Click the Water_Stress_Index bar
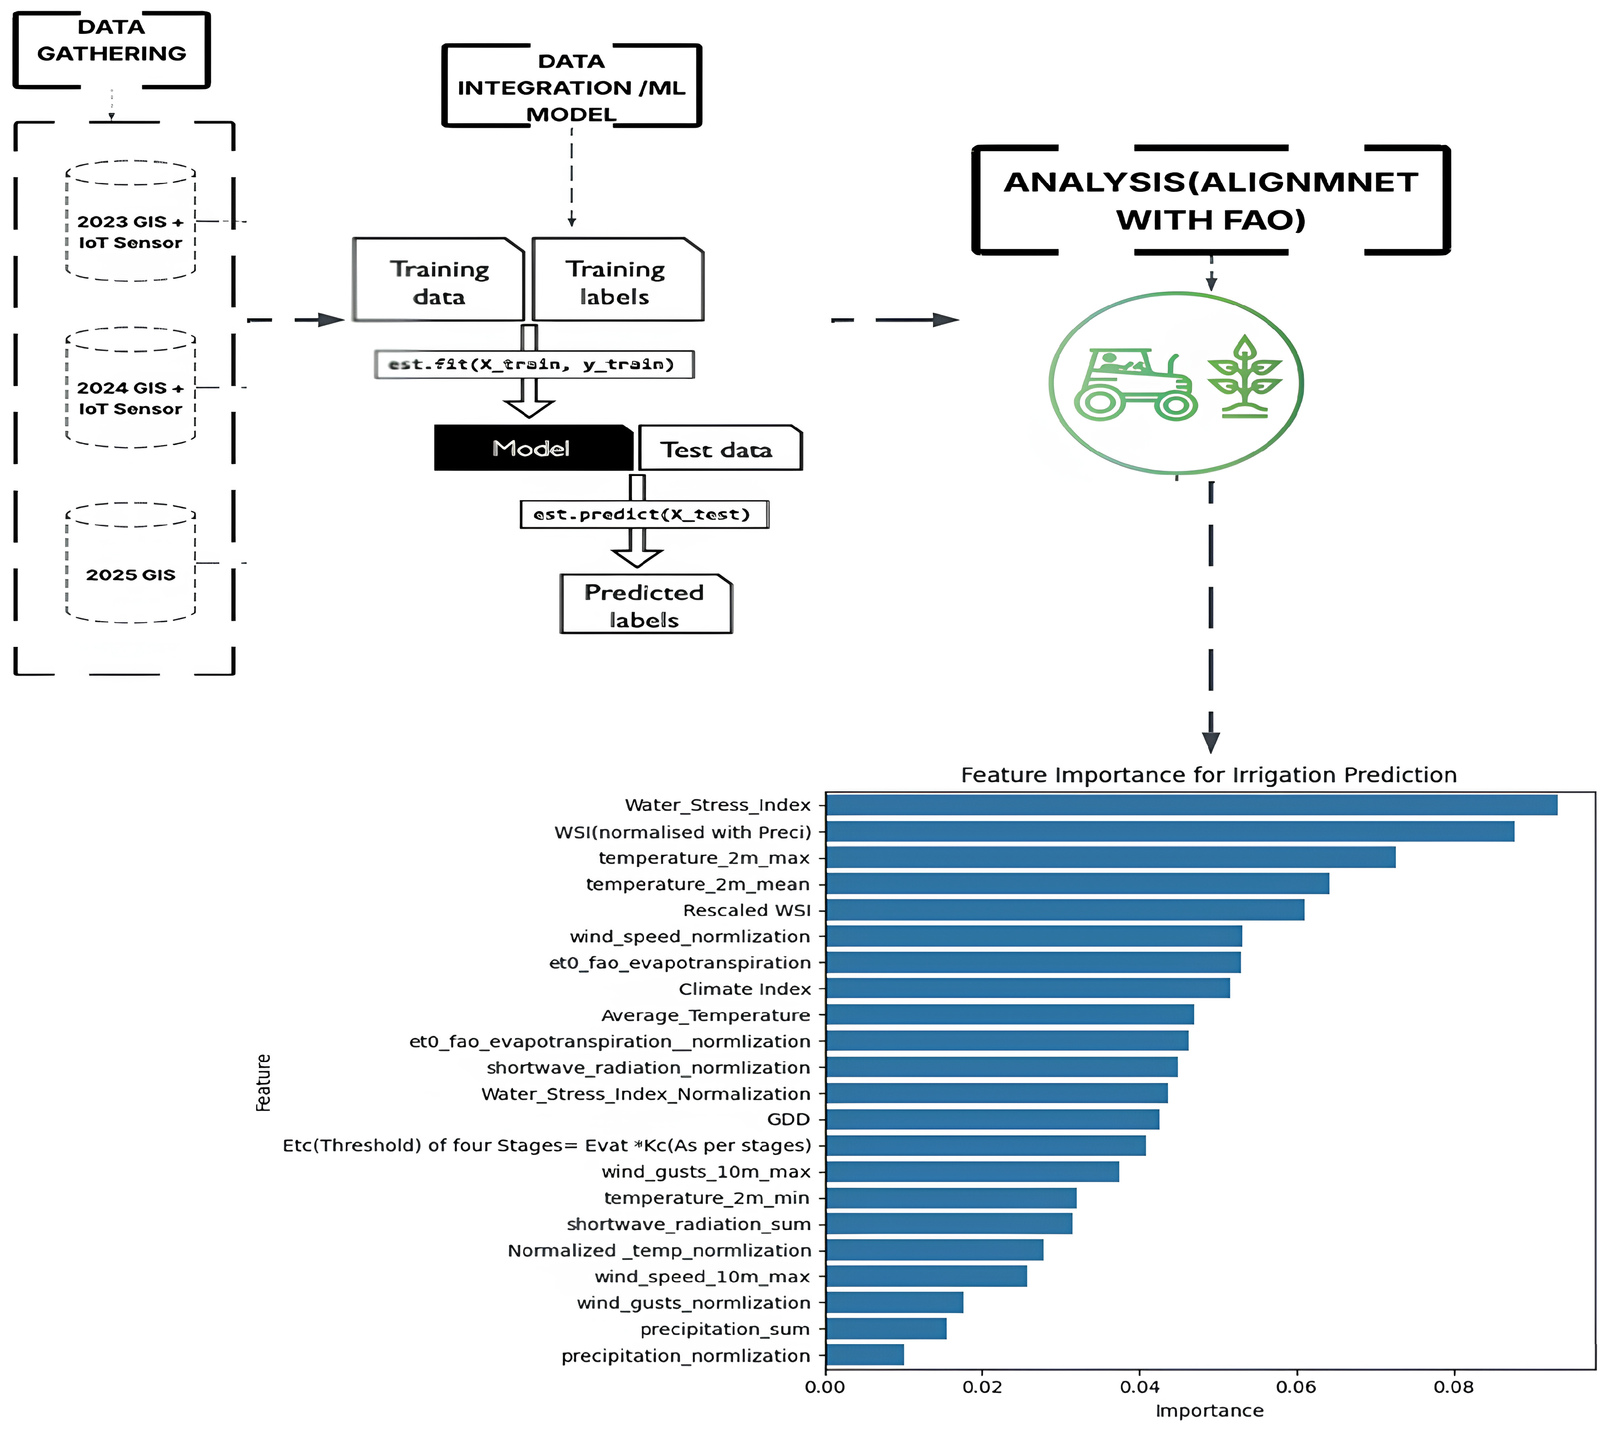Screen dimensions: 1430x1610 1191,804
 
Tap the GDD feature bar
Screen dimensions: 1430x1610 993,1119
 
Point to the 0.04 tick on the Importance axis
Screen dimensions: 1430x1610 1139,1386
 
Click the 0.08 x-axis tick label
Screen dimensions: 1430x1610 1453,1386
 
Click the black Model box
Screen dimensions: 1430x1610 532,448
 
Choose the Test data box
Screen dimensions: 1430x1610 719,449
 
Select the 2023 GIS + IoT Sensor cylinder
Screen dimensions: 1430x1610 131,222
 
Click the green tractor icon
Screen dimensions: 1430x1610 1134,385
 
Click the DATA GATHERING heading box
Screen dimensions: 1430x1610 112,49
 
